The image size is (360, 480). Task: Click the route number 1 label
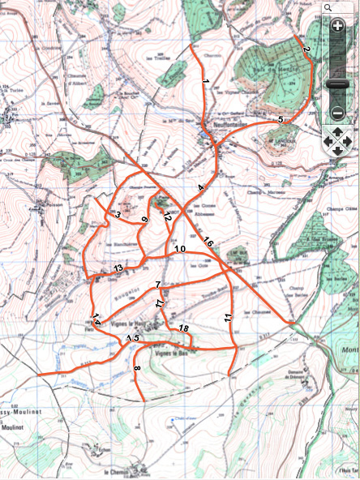pyautogui.click(x=206, y=83)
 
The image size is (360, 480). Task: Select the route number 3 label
pyautogui.click(x=118, y=215)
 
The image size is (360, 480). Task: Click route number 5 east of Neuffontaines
pyautogui.click(x=280, y=120)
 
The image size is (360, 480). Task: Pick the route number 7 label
pyautogui.click(x=159, y=284)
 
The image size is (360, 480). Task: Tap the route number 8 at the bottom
pyautogui.click(x=137, y=370)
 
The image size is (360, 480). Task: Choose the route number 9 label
pyautogui.click(x=145, y=220)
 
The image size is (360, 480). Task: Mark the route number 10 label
pyautogui.click(x=180, y=248)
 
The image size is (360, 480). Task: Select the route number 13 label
pyautogui.click(x=118, y=268)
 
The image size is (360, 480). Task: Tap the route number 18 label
pyautogui.click(x=183, y=328)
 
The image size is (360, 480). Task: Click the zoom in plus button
pyautogui.click(x=338, y=26)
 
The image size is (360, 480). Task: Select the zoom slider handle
pyautogui.click(x=338, y=84)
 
